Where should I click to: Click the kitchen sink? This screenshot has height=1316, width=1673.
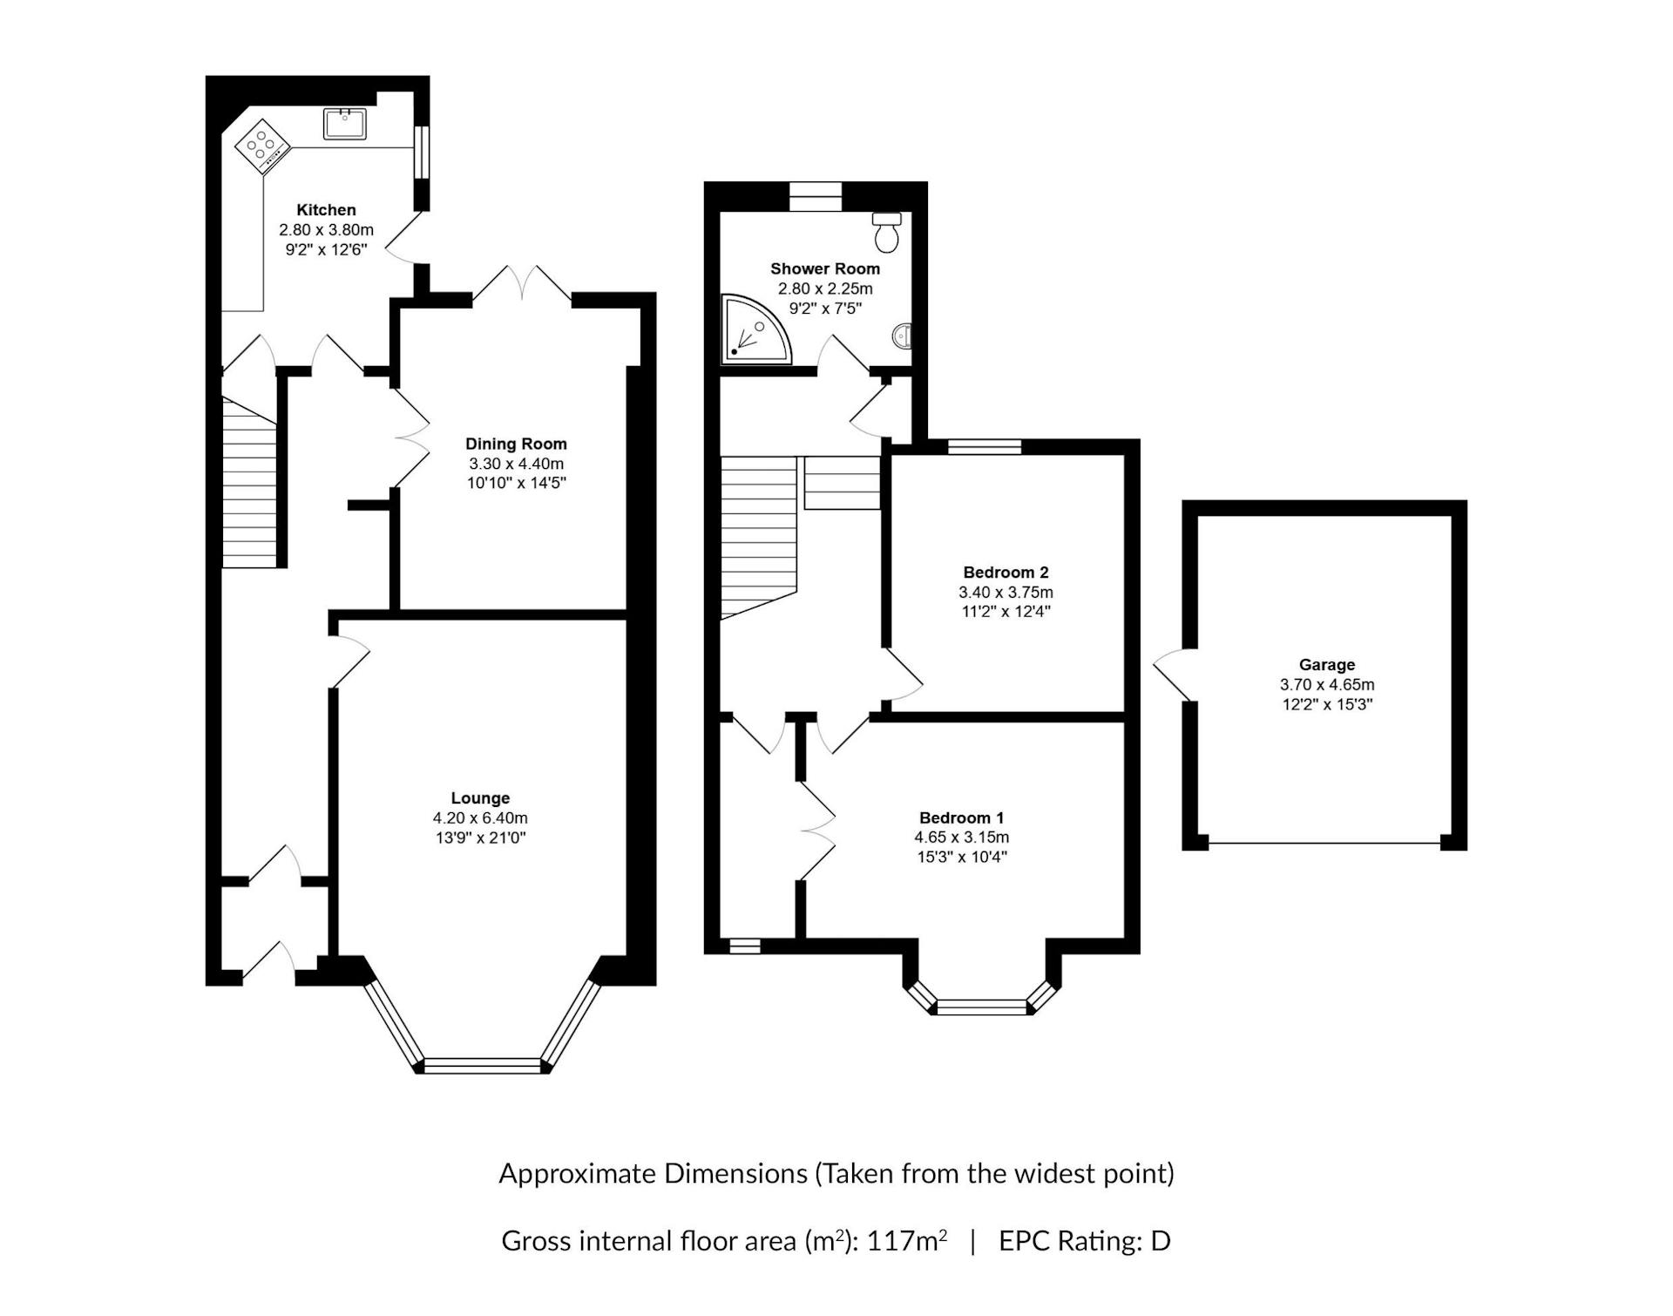[346, 124]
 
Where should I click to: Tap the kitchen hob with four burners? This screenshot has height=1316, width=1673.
[262, 143]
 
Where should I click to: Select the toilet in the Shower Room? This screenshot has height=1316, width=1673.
[887, 230]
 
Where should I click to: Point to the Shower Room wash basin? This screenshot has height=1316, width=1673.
[904, 335]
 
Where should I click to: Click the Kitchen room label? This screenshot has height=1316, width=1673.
[326, 210]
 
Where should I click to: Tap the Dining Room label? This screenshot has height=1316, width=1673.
[516, 444]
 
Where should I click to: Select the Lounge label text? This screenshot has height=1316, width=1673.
[480, 798]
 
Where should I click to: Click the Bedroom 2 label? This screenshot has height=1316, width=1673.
[1006, 573]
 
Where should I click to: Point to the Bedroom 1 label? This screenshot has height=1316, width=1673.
[962, 817]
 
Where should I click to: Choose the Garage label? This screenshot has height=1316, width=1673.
[1327, 665]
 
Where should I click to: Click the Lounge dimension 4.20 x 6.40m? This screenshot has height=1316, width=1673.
[480, 818]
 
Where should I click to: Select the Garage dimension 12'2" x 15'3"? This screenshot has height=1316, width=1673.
[1327, 704]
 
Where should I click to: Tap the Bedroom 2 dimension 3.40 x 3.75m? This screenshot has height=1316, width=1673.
[1006, 593]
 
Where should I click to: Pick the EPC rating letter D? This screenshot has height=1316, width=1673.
[1160, 1241]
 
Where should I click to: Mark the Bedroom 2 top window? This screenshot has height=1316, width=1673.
[985, 447]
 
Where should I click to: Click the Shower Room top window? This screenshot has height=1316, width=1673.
[816, 196]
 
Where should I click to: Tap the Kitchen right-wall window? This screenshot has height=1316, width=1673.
[422, 153]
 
